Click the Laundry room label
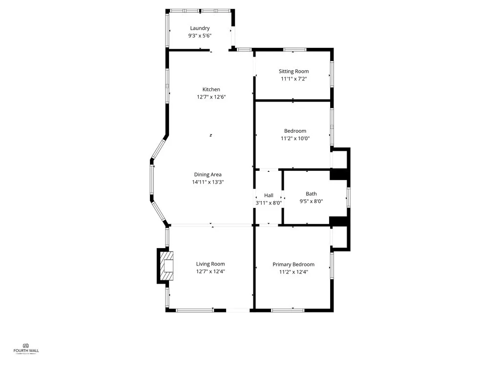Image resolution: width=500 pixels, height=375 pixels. (200, 28)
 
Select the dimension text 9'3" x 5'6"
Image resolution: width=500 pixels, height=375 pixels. (200, 36)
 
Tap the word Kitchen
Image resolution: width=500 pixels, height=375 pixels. (211, 89)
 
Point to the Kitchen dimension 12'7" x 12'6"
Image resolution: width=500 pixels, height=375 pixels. (211, 97)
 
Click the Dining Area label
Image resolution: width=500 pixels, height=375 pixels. (208, 174)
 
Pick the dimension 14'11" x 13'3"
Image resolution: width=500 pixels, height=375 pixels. (208, 182)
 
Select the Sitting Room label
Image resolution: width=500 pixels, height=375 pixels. (294, 71)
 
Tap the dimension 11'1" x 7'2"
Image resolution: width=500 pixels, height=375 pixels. (294, 79)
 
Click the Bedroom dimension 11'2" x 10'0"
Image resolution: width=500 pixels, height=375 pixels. (295, 138)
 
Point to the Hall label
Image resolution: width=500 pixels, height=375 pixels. (269, 195)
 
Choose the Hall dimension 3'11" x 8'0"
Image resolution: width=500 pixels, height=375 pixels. (269, 203)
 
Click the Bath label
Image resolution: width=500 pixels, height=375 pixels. (311, 194)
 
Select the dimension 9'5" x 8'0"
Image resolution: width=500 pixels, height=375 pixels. (311, 201)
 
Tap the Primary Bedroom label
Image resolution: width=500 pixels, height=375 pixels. (293, 264)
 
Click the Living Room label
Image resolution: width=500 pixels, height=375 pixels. (210, 264)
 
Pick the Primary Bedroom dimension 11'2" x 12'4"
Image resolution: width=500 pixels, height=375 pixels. (293, 271)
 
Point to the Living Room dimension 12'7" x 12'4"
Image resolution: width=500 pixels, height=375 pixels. (210, 271)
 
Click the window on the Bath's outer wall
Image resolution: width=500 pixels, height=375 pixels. (348, 197)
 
